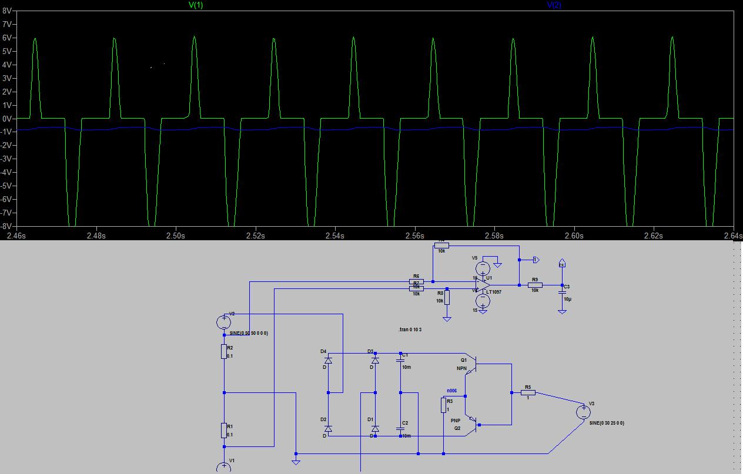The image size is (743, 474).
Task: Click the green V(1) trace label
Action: [x=196, y=5]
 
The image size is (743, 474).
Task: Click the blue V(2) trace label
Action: [x=554, y=5]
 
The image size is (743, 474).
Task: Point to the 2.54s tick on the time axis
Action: [x=334, y=236]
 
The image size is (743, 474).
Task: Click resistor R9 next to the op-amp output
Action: [x=535, y=285]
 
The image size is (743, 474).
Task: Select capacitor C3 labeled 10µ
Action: [x=562, y=291]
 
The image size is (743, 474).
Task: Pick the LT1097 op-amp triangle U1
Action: [x=484, y=285]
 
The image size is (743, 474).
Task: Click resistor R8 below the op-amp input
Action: [x=447, y=297]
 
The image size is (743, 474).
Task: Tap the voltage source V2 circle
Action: [x=224, y=322]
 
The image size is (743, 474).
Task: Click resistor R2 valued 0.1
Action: [x=224, y=351]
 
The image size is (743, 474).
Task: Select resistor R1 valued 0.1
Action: [x=224, y=430]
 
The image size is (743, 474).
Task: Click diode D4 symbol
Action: [x=328, y=359]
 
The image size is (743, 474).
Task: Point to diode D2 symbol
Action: [x=328, y=428]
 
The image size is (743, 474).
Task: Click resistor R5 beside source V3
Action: [x=528, y=392]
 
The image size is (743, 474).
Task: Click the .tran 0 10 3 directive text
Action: [x=410, y=330]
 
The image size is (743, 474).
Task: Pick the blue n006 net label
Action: [x=451, y=390]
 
